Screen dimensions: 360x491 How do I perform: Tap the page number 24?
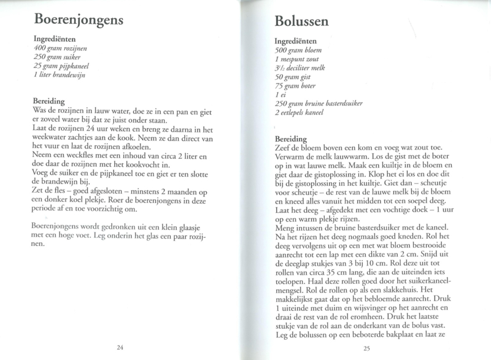120,347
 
